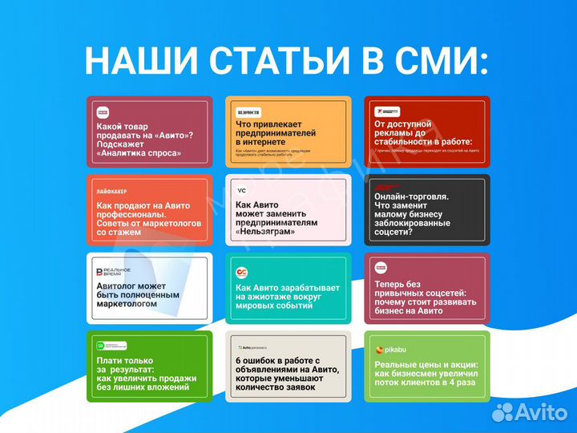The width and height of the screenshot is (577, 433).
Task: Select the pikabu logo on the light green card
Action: click(390, 350)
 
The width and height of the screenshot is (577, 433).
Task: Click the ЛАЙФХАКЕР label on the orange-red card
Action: click(114, 192)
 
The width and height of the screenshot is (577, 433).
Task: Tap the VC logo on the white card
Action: click(241, 191)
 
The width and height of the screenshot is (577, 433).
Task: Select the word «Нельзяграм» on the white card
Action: click(265, 232)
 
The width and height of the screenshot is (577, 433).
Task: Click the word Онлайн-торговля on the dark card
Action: click(411, 195)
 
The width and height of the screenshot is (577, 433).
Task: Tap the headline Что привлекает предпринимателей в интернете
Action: click(276, 132)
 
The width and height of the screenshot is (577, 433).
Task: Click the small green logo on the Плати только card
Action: click(101, 346)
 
